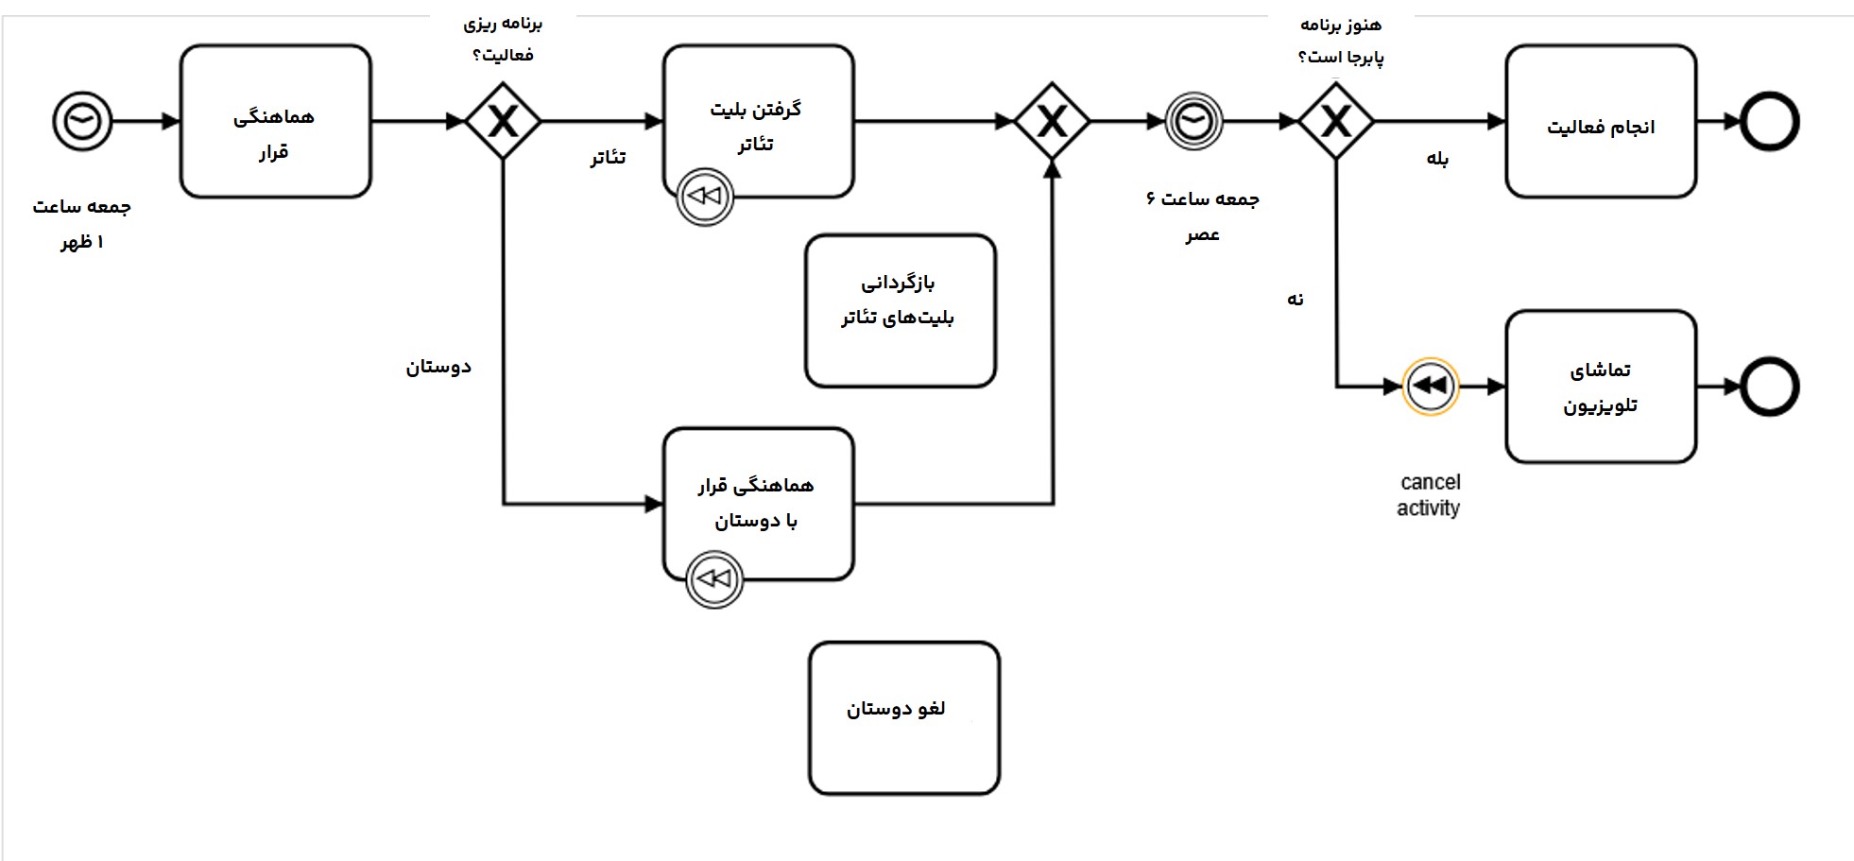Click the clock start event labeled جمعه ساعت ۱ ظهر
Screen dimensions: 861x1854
tap(82, 122)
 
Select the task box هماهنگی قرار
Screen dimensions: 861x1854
tap(275, 122)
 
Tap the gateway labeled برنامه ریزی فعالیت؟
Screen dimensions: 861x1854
tap(503, 122)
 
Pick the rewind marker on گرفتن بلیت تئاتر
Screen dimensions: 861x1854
tap(705, 197)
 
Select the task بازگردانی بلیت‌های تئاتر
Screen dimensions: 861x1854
tap(900, 311)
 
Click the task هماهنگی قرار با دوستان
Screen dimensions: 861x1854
tap(758, 503)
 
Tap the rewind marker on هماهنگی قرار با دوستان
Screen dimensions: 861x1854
tap(714, 579)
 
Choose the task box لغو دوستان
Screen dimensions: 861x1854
tap(903, 718)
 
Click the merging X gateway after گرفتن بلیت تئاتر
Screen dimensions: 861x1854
tap(1052, 122)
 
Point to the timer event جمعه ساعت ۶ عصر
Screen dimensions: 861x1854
tap(1193, 122)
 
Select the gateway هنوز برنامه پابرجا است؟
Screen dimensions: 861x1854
tap(1335, 122)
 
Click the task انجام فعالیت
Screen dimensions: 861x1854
tap(1601, 122)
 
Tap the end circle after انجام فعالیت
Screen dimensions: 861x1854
tap(1768, 122)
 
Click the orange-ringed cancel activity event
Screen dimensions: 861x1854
tap(1430, 387)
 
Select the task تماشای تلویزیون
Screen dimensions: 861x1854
tap(1601, 387)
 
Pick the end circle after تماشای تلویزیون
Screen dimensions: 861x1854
tap(1768, 387)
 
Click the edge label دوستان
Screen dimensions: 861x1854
tap(438, 367)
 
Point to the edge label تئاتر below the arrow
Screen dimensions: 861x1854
tap(608, 157)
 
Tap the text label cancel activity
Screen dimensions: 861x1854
tap(1429, 495)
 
